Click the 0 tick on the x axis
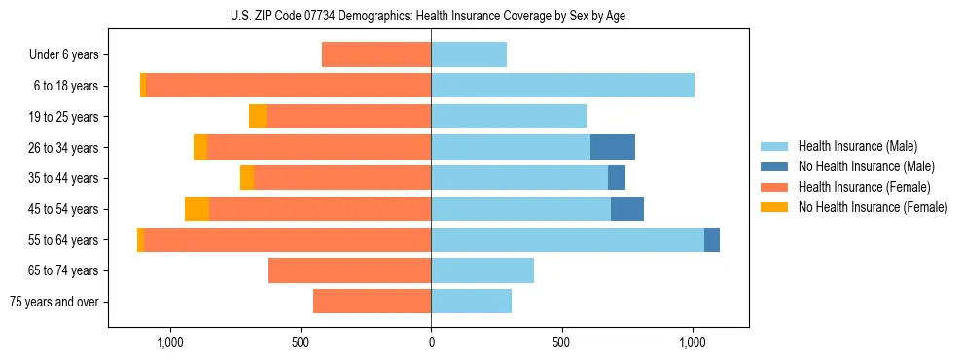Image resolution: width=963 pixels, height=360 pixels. [431, 343]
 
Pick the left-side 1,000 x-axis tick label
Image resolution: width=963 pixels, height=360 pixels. [170, 343]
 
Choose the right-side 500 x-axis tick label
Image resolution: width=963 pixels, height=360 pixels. [561, 343]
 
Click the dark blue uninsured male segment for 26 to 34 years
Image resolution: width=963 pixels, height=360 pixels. [613, 148]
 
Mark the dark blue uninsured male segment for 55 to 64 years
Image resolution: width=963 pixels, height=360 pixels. [712, 240]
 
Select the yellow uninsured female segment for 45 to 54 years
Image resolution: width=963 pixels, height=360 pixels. [196, 209]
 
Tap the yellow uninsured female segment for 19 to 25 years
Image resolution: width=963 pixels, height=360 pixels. [258, 117]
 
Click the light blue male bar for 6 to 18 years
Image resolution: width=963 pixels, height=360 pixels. [562, 86]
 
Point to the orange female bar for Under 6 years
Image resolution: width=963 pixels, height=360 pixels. [376, 55]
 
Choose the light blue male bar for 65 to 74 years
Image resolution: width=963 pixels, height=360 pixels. [482, 270]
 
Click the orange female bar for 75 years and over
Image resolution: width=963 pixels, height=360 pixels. [372, 302]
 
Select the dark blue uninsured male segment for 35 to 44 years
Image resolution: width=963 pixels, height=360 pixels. [617, 178]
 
